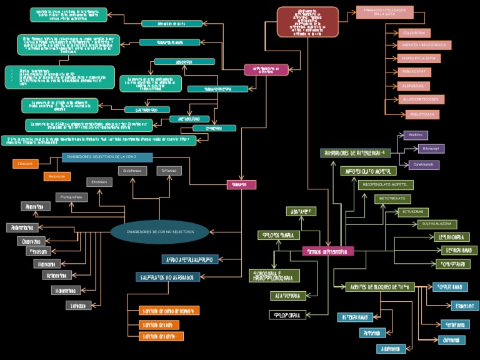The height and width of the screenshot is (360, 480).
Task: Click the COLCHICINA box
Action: (x=414, y=33)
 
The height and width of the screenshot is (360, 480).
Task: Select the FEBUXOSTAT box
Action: (x=414, y=72)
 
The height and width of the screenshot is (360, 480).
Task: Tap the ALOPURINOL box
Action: (x=414, y=86)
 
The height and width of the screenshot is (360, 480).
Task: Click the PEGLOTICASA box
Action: (x=414, y=114)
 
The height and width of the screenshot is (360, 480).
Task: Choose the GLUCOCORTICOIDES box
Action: (x=421, y=99)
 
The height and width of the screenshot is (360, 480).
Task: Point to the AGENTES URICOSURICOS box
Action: (x=424, y=45)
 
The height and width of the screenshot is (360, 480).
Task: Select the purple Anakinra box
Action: (x=416, y=135)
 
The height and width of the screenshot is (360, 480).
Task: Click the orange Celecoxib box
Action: (x=26, y=164)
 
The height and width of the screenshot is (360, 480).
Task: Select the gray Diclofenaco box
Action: (x=132, y=171)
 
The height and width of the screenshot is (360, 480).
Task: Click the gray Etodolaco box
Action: (x=99, y=182)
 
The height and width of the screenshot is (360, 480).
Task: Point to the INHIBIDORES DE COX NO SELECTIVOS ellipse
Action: (x=160, y=232)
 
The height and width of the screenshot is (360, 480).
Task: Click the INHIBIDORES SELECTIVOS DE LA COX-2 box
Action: (x=107, y=157)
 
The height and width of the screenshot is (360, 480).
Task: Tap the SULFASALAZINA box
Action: (x=437, y=224)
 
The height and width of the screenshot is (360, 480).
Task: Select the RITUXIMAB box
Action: (x=413, y=212)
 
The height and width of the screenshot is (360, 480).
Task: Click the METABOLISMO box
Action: (x=189, y=119)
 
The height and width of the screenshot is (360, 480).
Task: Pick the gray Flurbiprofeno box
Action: (x=72, y=197)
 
